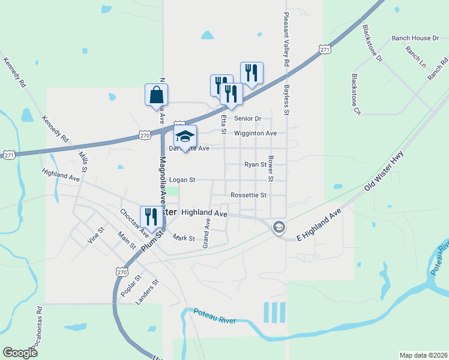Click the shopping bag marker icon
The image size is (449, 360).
pos(156,95)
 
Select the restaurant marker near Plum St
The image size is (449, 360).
pos(151,217)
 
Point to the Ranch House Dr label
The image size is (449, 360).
pos(420,38)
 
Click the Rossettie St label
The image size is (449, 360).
pos(248,195)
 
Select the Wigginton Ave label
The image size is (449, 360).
pos(255,133)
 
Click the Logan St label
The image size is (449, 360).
pos(182,179)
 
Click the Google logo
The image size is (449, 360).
pos(20,353)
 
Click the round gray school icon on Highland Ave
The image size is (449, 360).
pos(279,227)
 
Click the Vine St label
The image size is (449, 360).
pos(96,234)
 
